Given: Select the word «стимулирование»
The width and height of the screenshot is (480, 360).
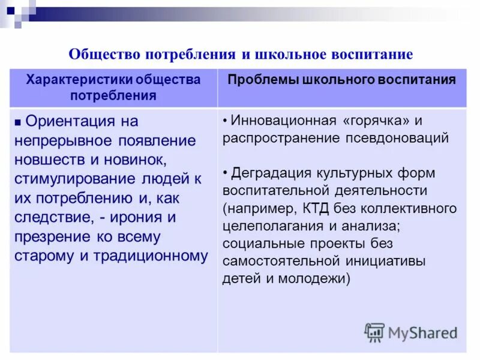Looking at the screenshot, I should coord(70,179).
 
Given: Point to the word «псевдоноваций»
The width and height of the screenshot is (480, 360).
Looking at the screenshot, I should coord(397,138).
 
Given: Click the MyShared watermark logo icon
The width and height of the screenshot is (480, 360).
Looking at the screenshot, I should coord(374,332).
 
